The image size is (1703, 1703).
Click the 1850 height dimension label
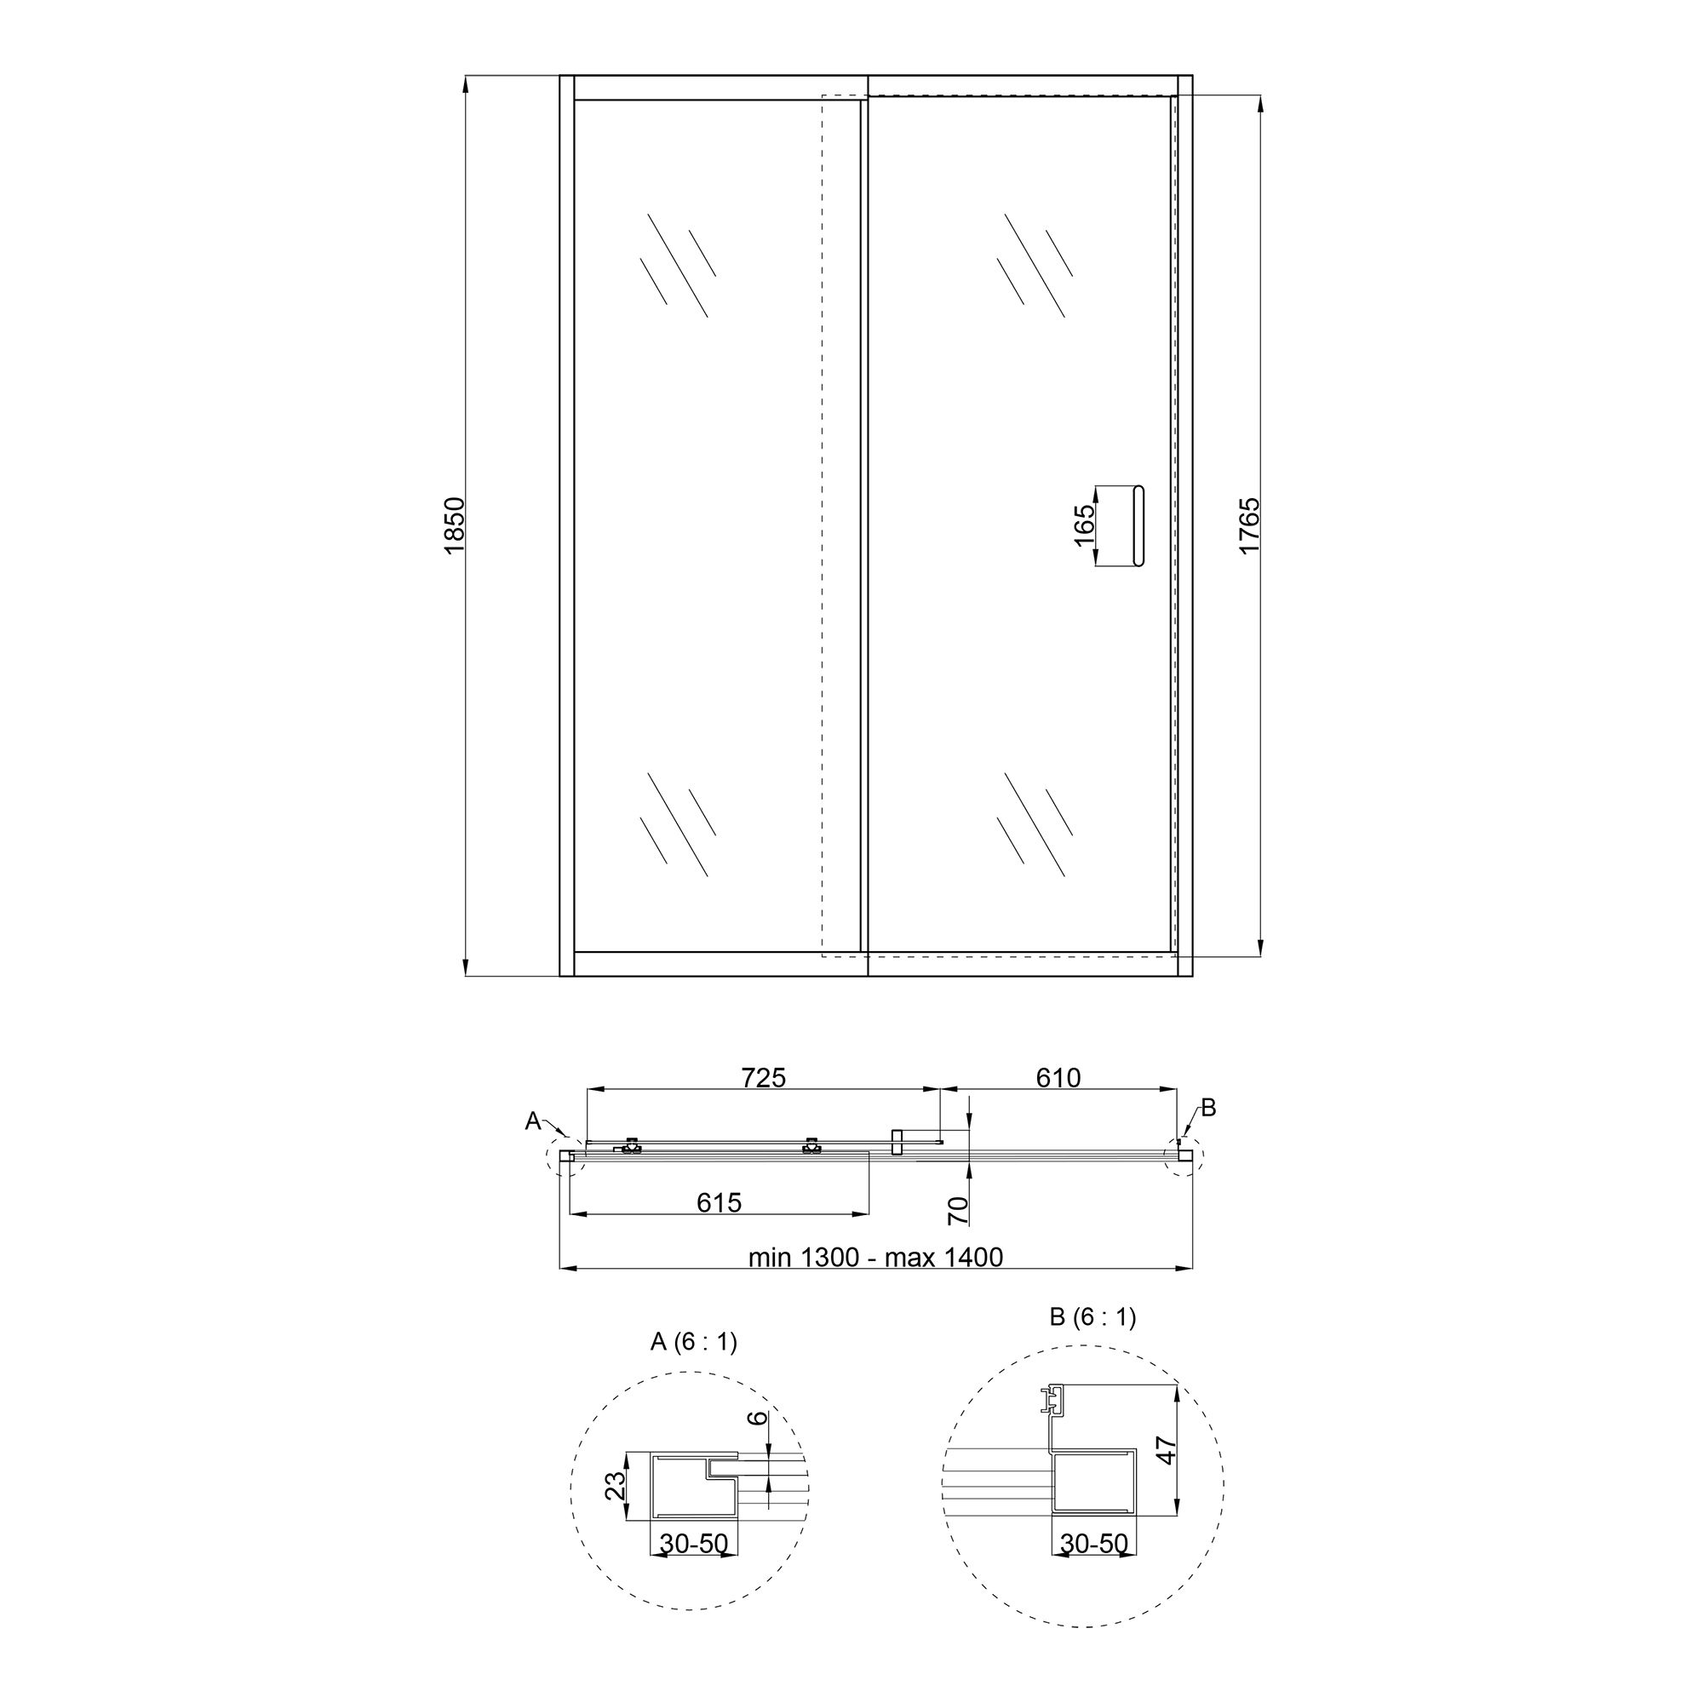coord(454,525)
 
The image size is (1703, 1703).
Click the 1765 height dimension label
coord(1249,525)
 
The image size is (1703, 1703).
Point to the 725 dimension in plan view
coord(763,1077)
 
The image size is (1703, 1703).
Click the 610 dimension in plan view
coord(1058,1077)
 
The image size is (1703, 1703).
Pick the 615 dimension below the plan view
coord(720,1202)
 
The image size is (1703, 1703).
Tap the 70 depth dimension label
coord(959,1211)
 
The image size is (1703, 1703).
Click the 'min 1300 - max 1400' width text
coord(875,1257)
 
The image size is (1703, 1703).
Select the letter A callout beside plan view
coord(533,1121)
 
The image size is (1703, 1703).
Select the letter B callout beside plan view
coord(1208,1108)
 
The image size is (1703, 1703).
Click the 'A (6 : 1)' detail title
coord(694,1342)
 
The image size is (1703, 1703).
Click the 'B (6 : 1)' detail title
coord(1093,1317)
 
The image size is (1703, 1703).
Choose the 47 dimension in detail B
coord(1167,1450)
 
